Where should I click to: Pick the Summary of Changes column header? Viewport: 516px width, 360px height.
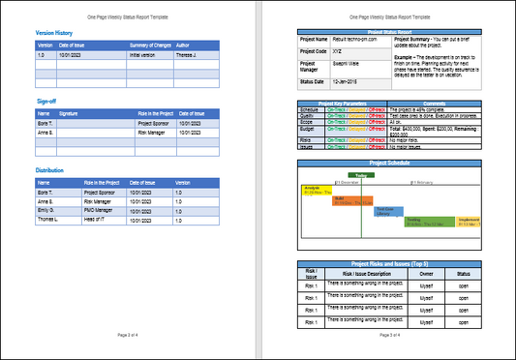point(149,45)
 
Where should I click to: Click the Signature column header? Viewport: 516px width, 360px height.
point(70,113)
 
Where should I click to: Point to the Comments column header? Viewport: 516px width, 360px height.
point(433,103)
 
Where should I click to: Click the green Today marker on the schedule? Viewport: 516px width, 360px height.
point(360,175)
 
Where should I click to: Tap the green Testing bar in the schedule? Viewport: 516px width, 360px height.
point(417,221)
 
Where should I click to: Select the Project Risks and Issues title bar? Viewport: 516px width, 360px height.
point(389,263)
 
